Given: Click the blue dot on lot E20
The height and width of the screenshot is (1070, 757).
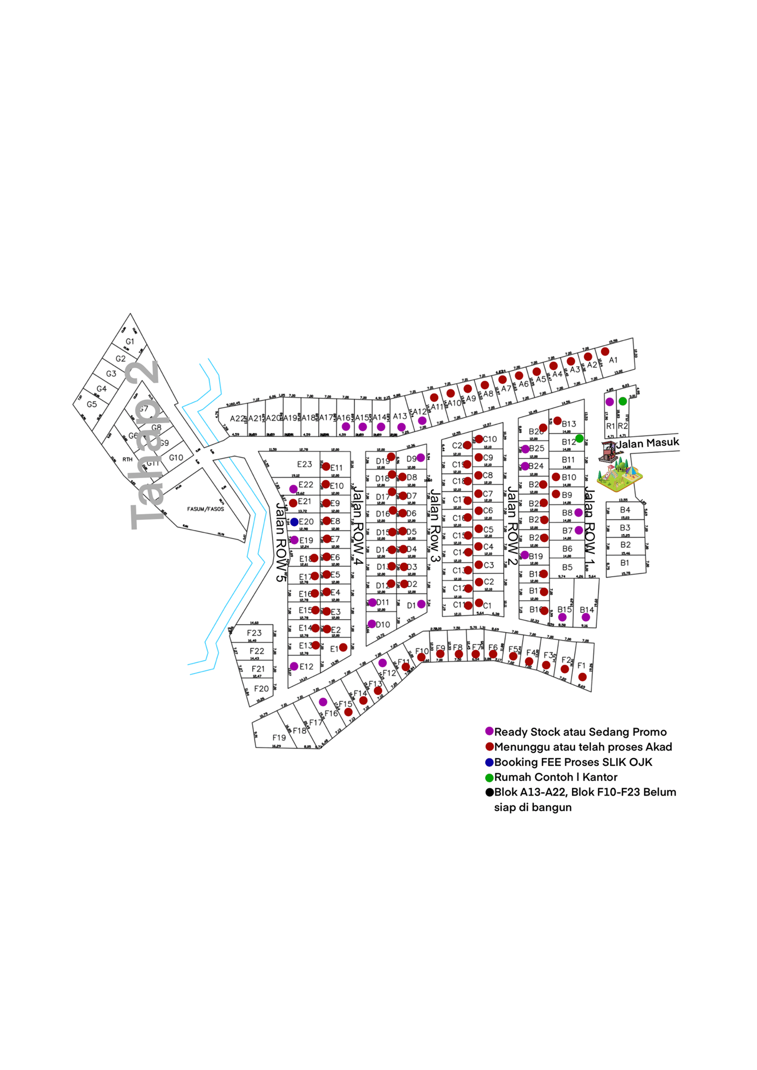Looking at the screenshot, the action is click(x=294, y=522).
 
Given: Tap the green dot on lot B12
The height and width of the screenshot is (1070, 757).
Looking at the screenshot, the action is click(x=579, y=439).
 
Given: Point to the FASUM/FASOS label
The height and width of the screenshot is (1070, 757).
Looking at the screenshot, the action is click(x=205, y=509).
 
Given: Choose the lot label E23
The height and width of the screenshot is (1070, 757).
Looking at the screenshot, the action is click(x=304, y=464).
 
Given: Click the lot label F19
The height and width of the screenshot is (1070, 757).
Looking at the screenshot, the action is click(x=279, y=738).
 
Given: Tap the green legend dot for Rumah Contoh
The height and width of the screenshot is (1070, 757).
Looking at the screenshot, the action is click(x=489, y=778).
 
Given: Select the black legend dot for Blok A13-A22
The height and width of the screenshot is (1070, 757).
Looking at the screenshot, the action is click(x=489, y=792).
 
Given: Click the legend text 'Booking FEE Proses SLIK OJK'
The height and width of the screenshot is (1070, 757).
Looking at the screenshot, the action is click(x=573, y=763).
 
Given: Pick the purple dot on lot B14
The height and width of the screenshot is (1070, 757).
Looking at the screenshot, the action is click(x=586, y=617).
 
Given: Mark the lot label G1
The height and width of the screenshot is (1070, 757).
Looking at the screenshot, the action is click(x=130, y=342).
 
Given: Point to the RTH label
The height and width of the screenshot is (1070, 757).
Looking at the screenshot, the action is click(x=127, y=460).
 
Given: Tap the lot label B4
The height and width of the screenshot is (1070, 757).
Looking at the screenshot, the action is click(x=625, y=510).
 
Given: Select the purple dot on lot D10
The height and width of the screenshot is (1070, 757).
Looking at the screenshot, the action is click(x=372, y=624).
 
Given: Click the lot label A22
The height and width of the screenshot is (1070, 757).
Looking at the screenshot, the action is click(x=237, y=419).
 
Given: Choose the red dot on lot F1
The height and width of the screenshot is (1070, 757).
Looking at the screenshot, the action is click(x=582, y=677).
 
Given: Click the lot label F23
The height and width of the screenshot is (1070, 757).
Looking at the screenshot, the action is click(x=254, y=633).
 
